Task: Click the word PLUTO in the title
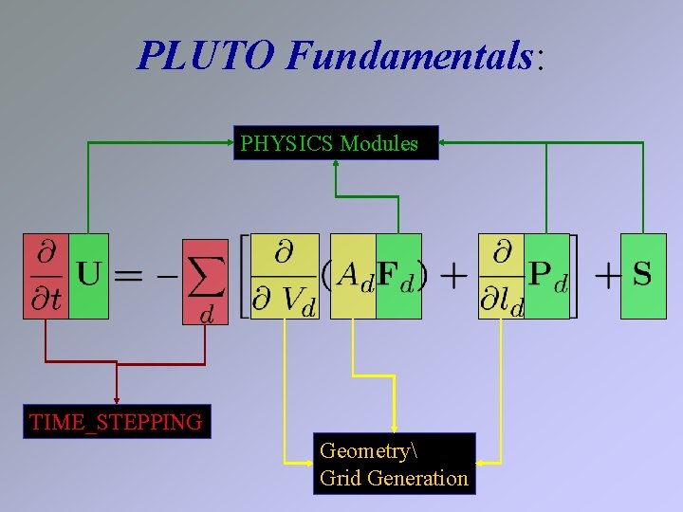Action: (x=206, y=56)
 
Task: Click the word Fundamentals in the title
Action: (x=409, y=56)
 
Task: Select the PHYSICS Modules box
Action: (x=336, y=144)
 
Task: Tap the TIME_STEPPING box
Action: (x=116, y=422)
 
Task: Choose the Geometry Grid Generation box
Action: (x=394, y=464)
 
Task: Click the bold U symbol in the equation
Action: (x=89, y=276)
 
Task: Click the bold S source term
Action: (x=642, y=275)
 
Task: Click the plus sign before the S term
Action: (x=608, y=276)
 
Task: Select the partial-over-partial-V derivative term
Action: (x=285, y=276)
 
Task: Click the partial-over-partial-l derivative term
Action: (x=503, y=276)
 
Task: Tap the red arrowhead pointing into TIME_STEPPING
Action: (x=117, y=399)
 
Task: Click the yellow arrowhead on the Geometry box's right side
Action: (x=480, y=463)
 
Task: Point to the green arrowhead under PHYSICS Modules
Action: (x=335, y=164)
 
